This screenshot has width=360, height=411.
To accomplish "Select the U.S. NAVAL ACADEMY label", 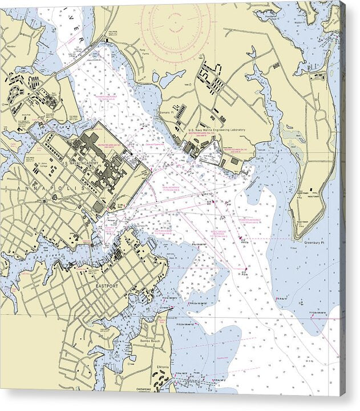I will pyautogui.click(x=80, y=163).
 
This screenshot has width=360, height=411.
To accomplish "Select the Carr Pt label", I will pyautogui.click(x=260, y=159).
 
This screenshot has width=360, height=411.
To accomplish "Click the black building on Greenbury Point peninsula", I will pyautogui.click(x=311, y=189).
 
